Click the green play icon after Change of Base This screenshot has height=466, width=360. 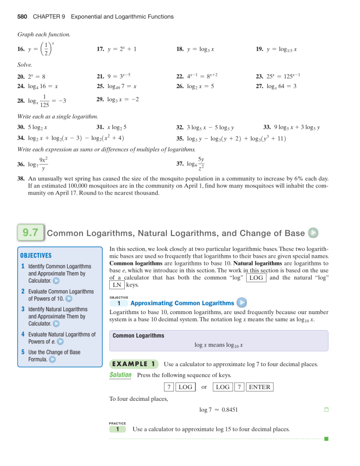314,233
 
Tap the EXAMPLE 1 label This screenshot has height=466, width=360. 133,364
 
